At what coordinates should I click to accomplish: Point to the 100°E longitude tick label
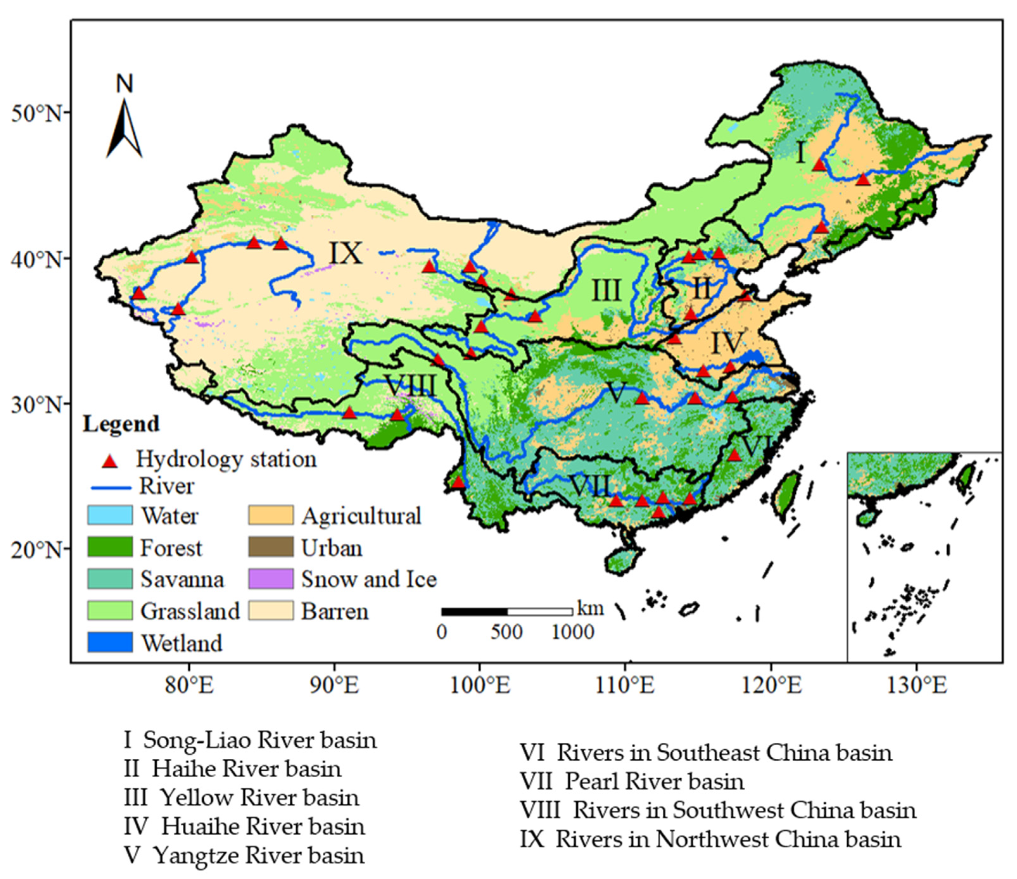click(x=480, y=686)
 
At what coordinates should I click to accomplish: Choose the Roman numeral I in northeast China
click(x=800, y=153)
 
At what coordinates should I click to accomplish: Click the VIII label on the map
click(x=411, y=386)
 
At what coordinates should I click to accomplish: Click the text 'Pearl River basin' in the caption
click(x=654, y=782)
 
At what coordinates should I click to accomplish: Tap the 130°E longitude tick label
click(x=916, y=686)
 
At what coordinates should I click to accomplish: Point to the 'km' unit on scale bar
click(x=590, y=609)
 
